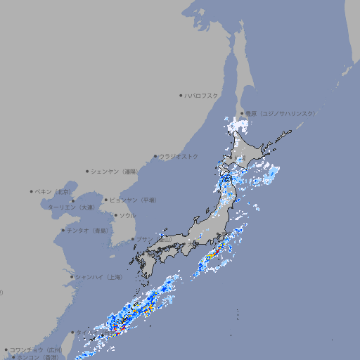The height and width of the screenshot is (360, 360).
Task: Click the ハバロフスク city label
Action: pyautogui.click(x=202, y=96)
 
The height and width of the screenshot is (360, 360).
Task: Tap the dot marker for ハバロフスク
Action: pyautogui.click(x=181, y=96)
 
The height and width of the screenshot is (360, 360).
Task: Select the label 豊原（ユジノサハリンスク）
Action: pyautogui.click(x=280, y=113)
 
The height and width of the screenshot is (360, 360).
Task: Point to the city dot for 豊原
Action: pyautogui.click(x=241, y=113)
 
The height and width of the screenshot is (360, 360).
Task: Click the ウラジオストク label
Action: pyautogui.click(x=179, y=156)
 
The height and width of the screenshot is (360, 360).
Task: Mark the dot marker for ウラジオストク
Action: pyautogui.click(x=155, y=156)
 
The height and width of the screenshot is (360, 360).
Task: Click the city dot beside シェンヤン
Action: pyautogui.click(x=88, y=171)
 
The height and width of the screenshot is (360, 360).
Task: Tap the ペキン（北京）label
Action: pyautogui.click(x=53, y=191)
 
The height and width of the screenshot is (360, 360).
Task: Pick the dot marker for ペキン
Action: pyautogui.click(x=32, y=191)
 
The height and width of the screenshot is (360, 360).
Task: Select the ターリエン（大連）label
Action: pyautogui.click(x=71, y=207)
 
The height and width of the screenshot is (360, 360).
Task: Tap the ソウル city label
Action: pyautogui.click(x=127, y=215)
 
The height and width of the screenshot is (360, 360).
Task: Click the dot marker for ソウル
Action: pyautogui.click(x=115, y=215)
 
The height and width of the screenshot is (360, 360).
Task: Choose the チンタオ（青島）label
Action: pyautogui.click(x=88, y=231)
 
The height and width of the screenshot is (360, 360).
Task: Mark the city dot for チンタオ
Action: pyautogui.click(x=63, y=231)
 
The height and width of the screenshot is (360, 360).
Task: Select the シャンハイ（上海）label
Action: pyautogui.click(x=99, y=277)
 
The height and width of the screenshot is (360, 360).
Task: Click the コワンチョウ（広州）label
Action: pyautogui.click(x=36, y=349)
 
